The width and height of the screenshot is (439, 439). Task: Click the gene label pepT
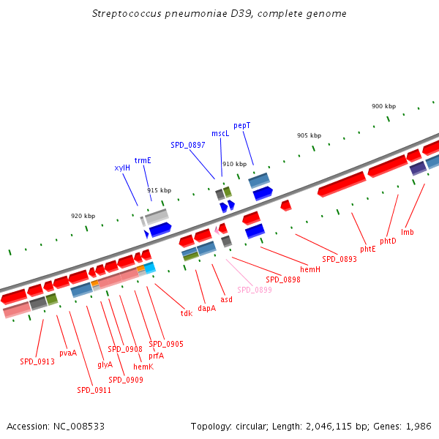tap(242, 126)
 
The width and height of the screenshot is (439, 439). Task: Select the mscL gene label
tap(220, 134)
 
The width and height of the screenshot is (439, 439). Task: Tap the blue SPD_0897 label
tap(188, 145)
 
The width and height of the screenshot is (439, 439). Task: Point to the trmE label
tap(143, 160)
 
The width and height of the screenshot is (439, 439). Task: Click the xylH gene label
tap(122, 168)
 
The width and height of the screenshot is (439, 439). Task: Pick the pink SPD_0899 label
tap(255, 290)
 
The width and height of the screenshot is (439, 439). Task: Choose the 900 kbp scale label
tap(383, 107)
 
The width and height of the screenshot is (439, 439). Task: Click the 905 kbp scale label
tap(309, 136)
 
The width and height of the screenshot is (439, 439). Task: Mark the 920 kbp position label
tap(83, 216)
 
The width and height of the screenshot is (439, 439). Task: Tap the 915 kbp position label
tap(159, 190)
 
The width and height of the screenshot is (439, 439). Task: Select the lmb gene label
tap(408, 232)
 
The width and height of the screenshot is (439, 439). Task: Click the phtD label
tap(388, 241)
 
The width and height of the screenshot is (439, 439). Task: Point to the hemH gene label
tap(310, 269)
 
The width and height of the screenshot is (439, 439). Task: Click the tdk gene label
tap(187, 313)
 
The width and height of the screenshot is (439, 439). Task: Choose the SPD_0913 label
tap(37, 361)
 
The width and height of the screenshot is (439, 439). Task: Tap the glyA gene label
tap(105, 364)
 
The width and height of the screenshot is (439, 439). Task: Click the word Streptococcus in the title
tap(124, 14)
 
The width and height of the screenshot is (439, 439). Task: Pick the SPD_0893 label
tap(339, 259)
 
